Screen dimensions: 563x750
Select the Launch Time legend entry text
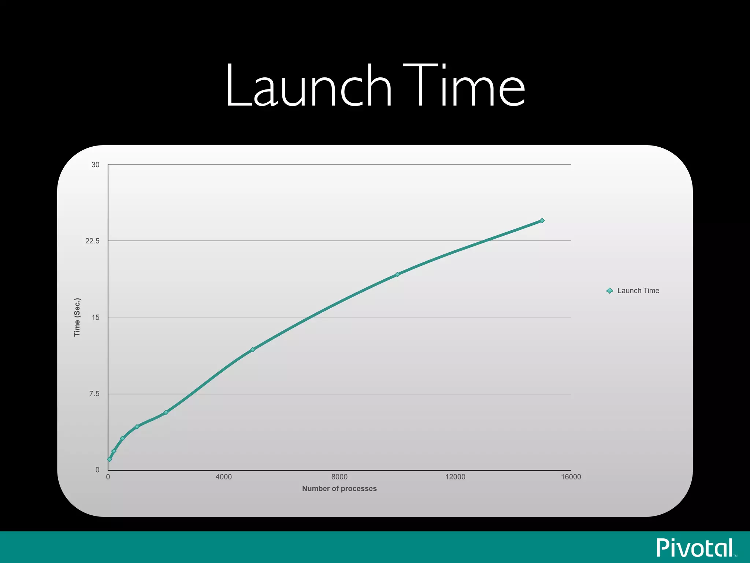pyautogui.click(x=638, y=291)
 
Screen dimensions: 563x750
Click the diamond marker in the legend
pyautogui.click(x=610, y=291)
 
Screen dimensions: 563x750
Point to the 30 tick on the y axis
pyautogui.click(x=95, y=165)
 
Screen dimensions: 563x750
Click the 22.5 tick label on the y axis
pyautogui.click(x=92, y=241)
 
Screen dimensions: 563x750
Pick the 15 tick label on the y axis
pyautogui.click(x=96, y=317)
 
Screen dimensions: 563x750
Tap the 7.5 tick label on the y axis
pyautogui.click(x=94, y=394)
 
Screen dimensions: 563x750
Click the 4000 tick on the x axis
pyautogui.click(x=223, y=477)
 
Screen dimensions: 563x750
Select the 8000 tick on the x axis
pyautogui.click(x=339, y=477)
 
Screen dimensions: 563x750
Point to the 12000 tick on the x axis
pyautogui.click(x=455, y=477)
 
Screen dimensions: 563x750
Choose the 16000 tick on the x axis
pyautogui.click(x=571, y=477)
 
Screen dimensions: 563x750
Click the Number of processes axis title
pyautogui.click(x=339, y=489)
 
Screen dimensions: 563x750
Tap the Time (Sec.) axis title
pyautogui.click(x=77, y=317)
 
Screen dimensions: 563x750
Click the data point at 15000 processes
pyautogui.click(x=542, y=221)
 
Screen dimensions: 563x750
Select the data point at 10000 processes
pyautogui.click(x=397, y=275)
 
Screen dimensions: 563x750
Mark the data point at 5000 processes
pyautogui.click(x=253, y=350)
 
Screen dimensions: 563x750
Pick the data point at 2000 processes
pyautogui.click(x=166, y=412)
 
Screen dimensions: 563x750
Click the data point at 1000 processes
pyautogui.click(x=137, y=427)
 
